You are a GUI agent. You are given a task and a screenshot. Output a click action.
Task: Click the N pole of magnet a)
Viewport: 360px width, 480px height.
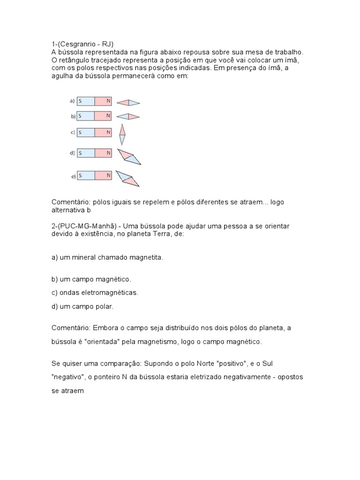[104, 101]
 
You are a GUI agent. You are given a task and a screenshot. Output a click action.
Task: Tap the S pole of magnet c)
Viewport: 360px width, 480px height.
[86, 132]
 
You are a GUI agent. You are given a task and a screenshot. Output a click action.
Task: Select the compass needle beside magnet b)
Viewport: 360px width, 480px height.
[127, 116]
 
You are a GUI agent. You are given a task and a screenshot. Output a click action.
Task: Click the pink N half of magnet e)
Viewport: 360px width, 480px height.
[104, 176]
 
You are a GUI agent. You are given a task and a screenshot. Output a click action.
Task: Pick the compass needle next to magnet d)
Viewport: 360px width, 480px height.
[129, 157]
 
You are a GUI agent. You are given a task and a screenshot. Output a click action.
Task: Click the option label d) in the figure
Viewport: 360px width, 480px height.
[73, 153]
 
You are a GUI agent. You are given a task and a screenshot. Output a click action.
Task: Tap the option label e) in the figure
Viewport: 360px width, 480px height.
[73, 176]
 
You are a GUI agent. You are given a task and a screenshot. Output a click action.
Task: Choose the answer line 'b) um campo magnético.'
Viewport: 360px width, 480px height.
[91, 279]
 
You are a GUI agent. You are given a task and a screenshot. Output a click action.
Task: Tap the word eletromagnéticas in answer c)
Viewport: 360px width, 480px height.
[110, 292]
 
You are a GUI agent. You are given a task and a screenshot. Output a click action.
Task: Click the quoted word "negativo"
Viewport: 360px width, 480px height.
[67, 376]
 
